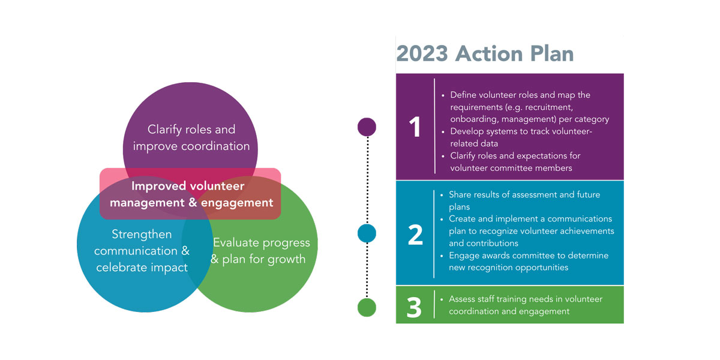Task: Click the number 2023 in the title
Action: (422, 53)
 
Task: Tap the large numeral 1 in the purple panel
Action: (415, 127)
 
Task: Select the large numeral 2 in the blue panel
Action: (415, 235)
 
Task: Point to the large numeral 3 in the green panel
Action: (414, 308)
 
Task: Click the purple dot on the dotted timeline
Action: (367, 127)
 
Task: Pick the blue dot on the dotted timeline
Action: (367, 233)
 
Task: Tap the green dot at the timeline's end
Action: (367, 308)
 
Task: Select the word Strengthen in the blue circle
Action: (142, 235)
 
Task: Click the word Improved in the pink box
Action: (159, 187)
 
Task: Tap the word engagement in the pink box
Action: (237, 203)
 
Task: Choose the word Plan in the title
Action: (552, 53)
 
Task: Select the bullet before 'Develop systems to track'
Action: (443, 132)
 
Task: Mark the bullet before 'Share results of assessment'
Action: (442, 195)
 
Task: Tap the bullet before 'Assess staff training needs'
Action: (442, 299)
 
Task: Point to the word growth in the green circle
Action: (287, 260)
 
